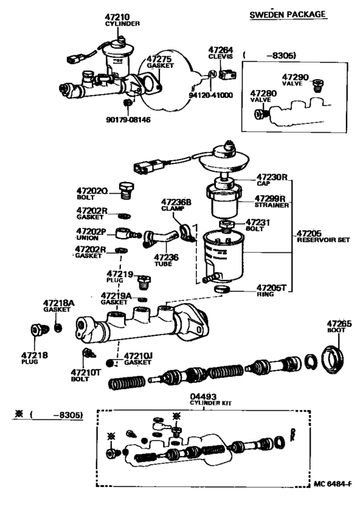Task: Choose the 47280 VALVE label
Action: pyautogui.click(x=262, y=97)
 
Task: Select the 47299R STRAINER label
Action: pyautogui.click(x=271, y=202)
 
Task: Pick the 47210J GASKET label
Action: pyautogui.click(x=137, y=358)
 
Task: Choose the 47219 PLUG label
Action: pyautogui.click(x=120, y=277)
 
